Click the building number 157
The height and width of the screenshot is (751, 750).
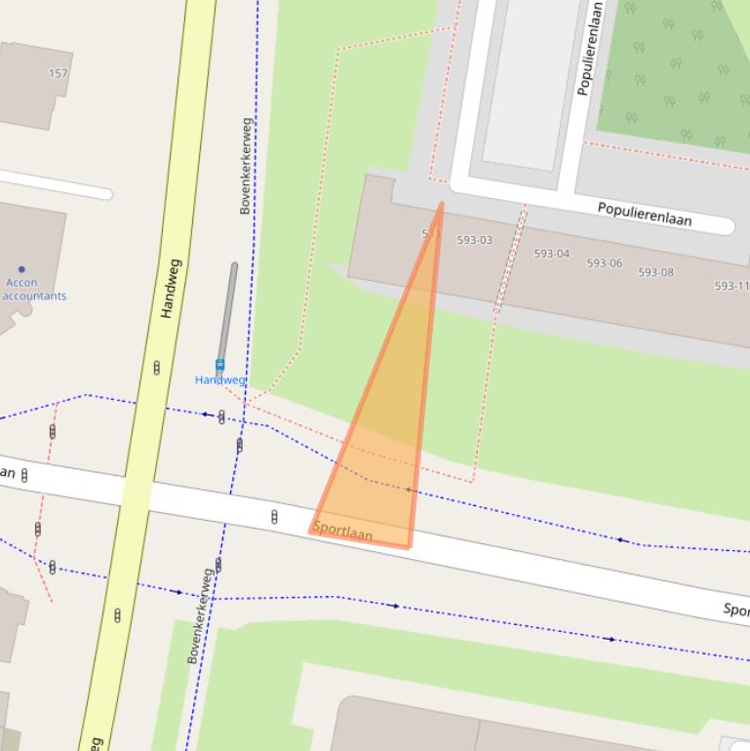click(x=59, y=73)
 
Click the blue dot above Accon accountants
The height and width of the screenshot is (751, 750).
click(x=21, y=269)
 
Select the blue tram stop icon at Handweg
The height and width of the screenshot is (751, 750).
click(x=219, y=366)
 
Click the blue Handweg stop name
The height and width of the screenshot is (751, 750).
click(x=219, y=379)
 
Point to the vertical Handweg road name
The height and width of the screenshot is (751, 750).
click(x=170, y=289)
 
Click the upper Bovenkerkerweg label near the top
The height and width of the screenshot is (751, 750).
click(x=246, y=166)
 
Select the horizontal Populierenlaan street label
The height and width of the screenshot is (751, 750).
click(x=644, y=214)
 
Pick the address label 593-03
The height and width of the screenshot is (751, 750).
click(x=475, y=240)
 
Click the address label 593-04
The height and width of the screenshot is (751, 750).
click(x=551, y=254)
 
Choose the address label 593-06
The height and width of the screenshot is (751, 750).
click(x=604, y=263)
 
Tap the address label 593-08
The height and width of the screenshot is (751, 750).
click(x=655, y=272)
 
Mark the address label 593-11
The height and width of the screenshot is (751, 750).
click(x=731, y=286)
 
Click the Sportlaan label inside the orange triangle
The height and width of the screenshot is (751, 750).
click(x=343, y=532)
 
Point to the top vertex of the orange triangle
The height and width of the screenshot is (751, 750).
click(x=441, y=204)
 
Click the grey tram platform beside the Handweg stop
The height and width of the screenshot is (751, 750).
click(x=227, y=312)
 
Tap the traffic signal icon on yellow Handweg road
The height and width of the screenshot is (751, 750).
click(x=156, y=368)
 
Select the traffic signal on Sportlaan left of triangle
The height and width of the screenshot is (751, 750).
click(x=274, y=517)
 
